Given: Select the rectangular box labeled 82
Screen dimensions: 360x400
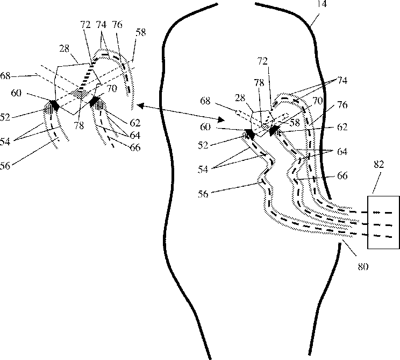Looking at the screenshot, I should pos(383,222).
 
